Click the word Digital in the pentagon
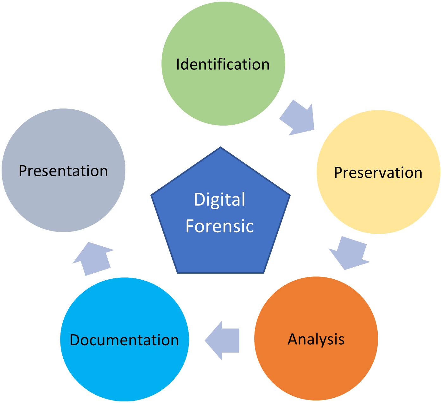click(x=219, y=200)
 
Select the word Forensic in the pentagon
click(x=220, y=226)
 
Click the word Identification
click(x=223, y=64)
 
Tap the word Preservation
click(x=378, y=173)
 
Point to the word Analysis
click(x=316, y=339)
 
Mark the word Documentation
click(x=124, y=340)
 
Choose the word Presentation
click(x=63, y=171)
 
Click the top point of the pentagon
click(x=220, y=148)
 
